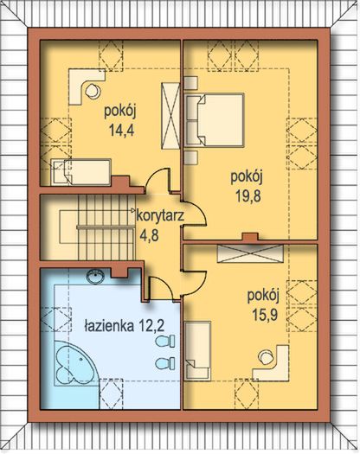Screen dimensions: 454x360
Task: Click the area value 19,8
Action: pyautogui.click(x=247, y=195)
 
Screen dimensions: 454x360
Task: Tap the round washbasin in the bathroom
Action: pyautogui.click(x=96, y=278)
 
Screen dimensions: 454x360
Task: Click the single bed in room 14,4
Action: pyautogui.click(x=80, y=169)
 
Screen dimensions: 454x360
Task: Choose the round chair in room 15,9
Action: pyautogui.click(x=264, y=352)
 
